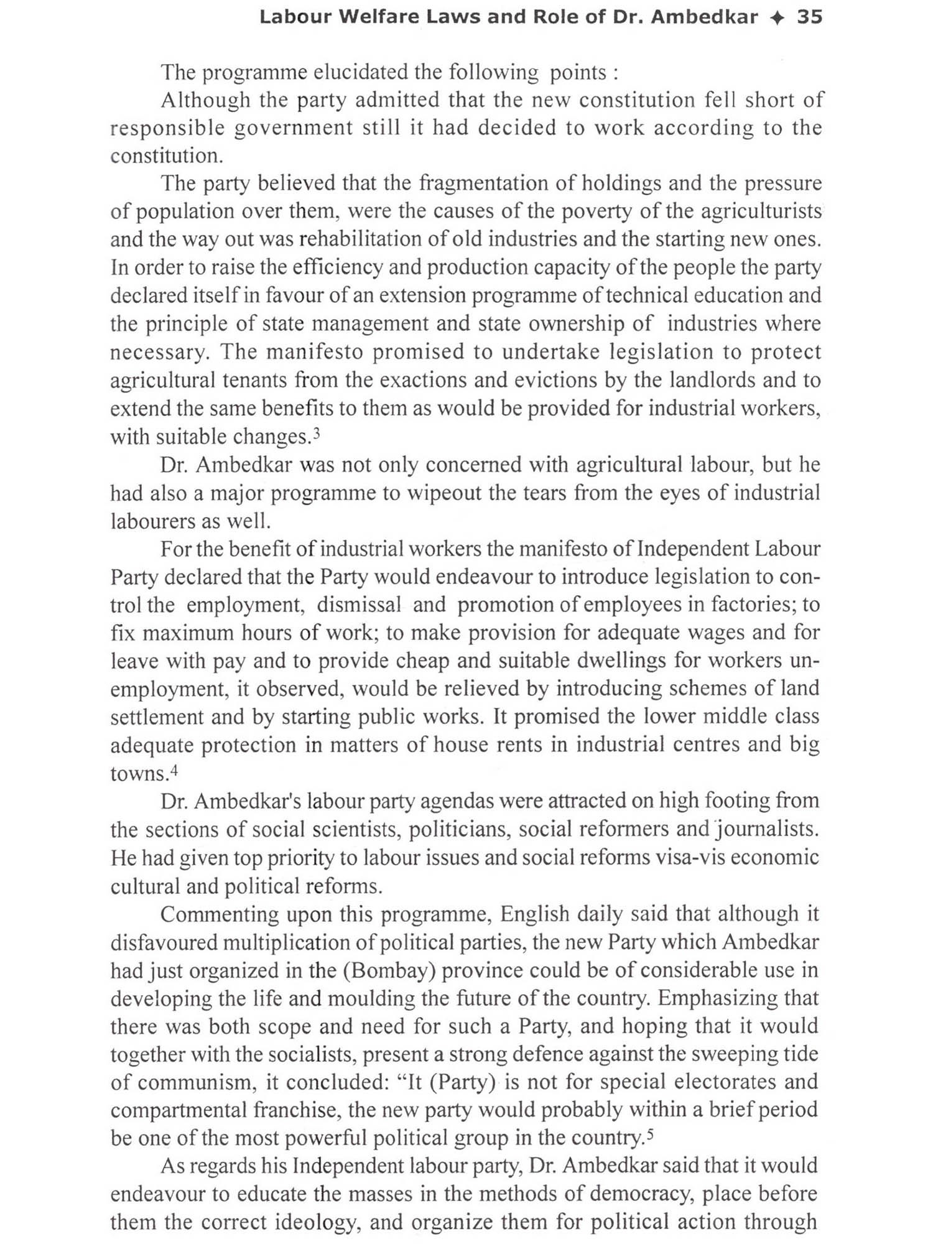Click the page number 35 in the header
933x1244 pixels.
[x=809, y=17]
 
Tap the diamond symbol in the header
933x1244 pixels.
[x=777, y=17]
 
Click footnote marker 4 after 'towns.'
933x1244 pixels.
[x=175, y=771]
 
